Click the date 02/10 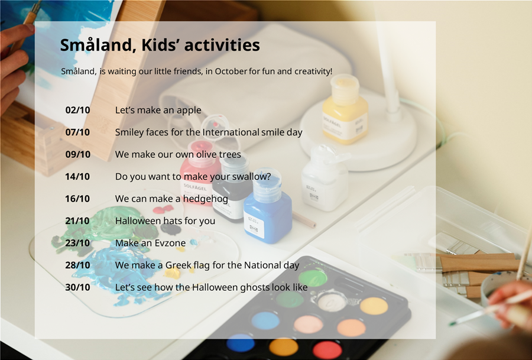point(77,110)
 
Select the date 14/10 point(77,176)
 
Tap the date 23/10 point(77,243)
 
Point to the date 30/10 point(77,287)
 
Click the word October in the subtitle point(231,72)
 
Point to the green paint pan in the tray point(313,278)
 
